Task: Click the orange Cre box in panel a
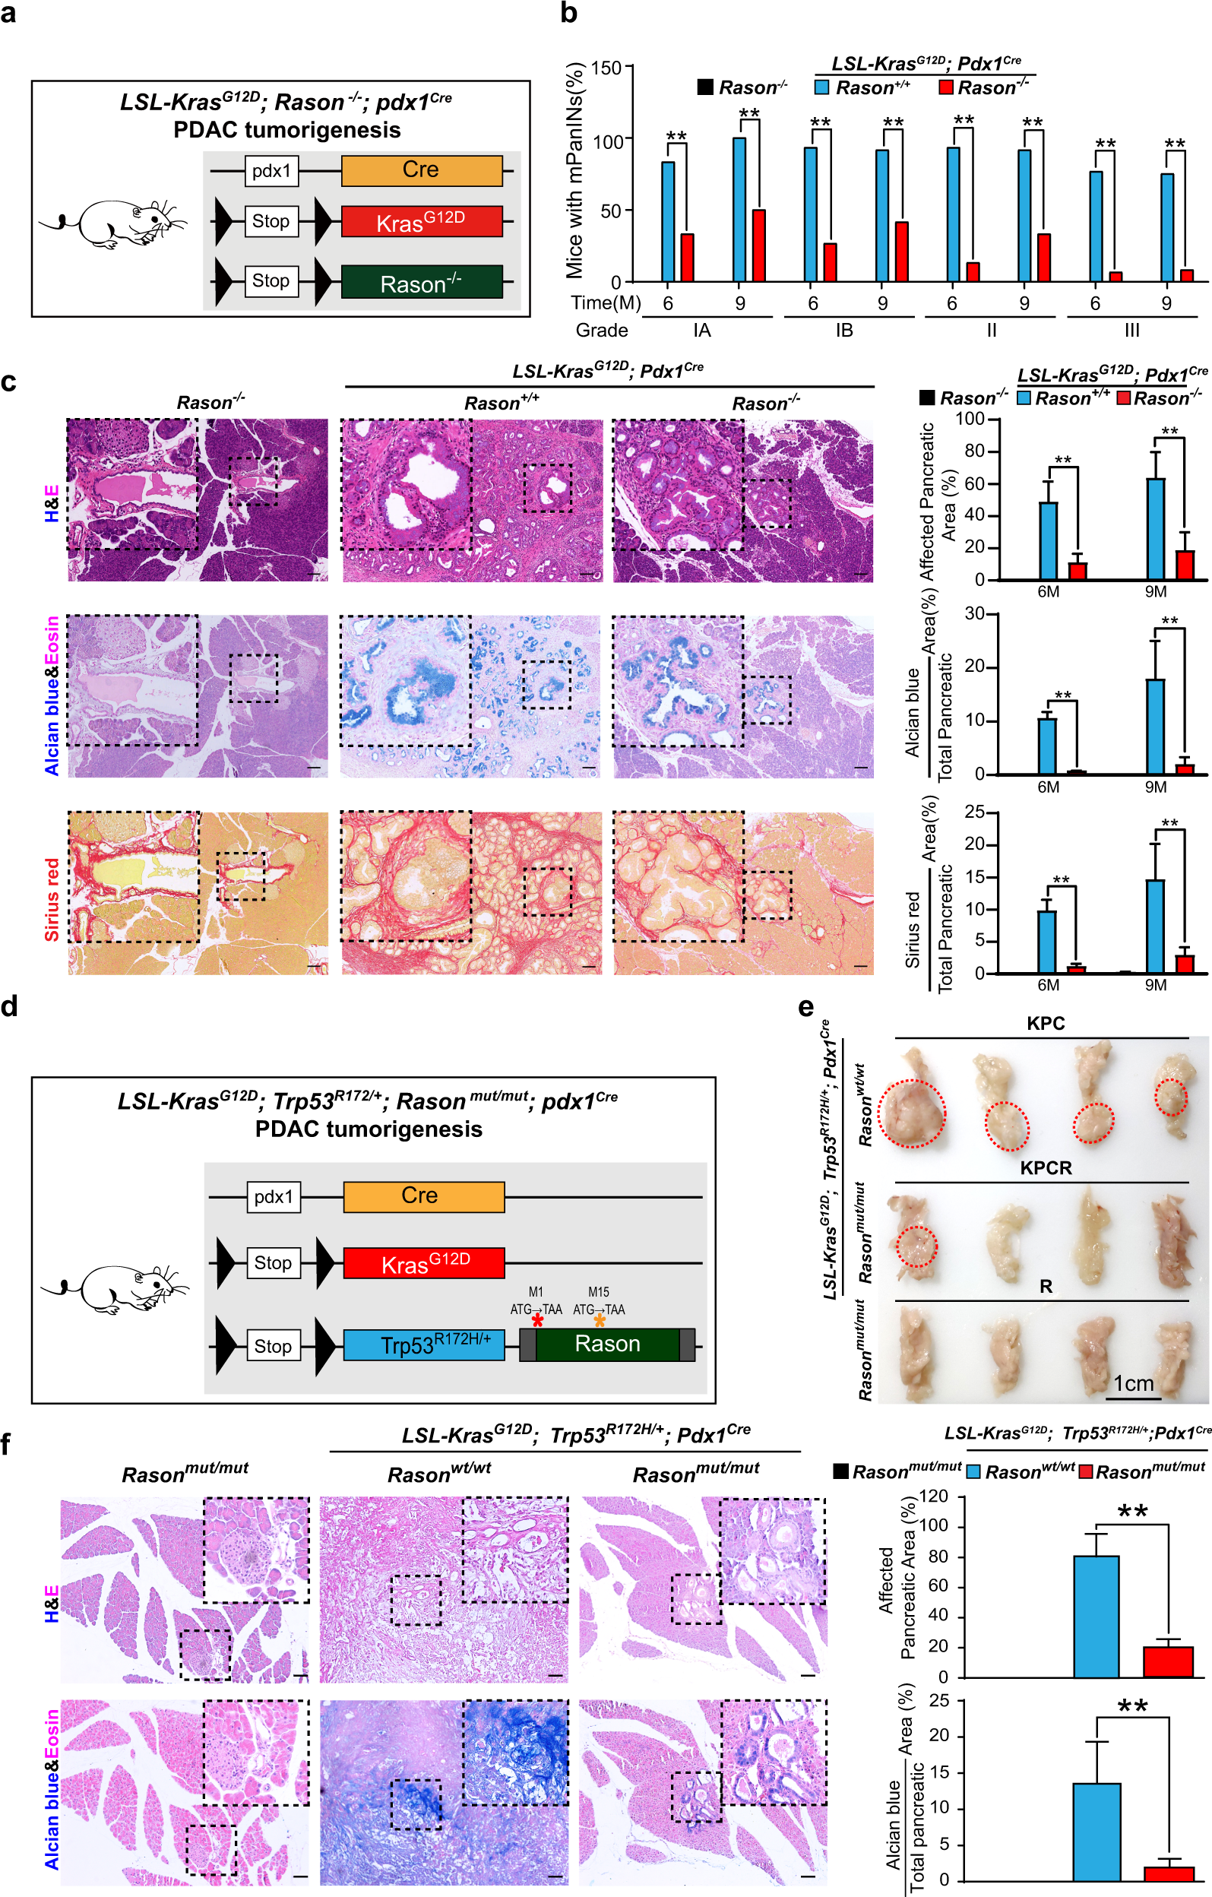[421, 170]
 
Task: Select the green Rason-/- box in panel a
[421, 282]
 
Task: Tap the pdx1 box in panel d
[274, 1197]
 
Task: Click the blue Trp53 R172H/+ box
[424, 1344]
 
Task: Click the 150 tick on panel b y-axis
[606, 68]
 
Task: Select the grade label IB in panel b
[843, 330]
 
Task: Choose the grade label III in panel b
[1131, 330]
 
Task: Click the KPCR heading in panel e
[1045, 1167]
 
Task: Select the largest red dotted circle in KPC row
[912, 1113]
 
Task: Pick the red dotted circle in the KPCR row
[916, 1246]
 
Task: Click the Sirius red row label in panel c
[52, 899]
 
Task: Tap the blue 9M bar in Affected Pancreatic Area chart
[1155, 527]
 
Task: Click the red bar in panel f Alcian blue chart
[1169, 1873]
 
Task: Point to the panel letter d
[9, 1006]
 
